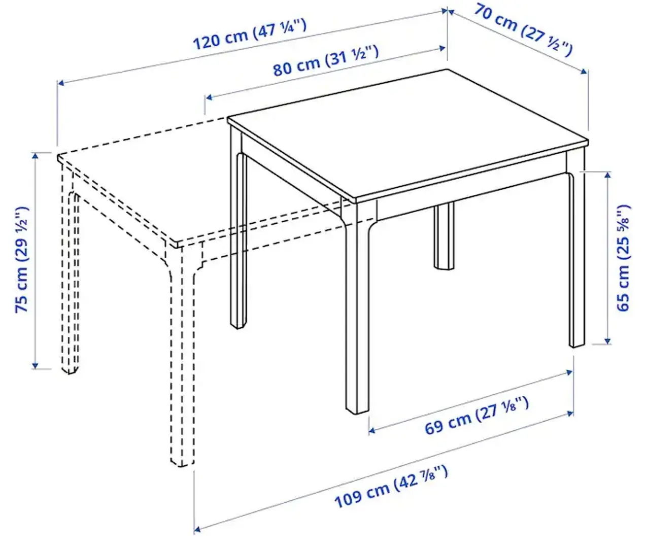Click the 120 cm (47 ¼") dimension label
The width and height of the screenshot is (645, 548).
point(249,35)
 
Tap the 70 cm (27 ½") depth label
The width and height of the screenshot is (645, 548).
point(523,29)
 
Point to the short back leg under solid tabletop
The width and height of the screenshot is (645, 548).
point(444,236)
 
